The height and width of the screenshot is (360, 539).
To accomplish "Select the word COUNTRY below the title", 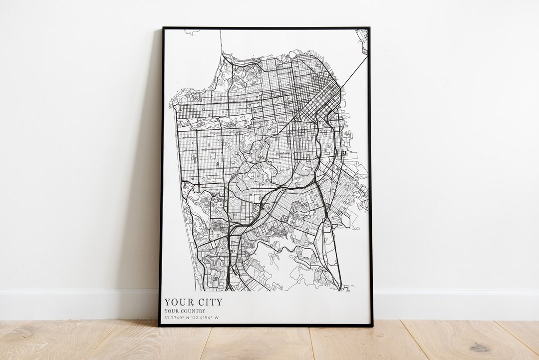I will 193,311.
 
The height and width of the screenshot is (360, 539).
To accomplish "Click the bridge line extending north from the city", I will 221,42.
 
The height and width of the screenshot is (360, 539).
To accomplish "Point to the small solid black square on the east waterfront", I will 344,152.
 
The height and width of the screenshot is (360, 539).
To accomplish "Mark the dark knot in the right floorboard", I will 480,347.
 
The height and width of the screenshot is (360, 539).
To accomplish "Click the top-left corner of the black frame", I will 163,28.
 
